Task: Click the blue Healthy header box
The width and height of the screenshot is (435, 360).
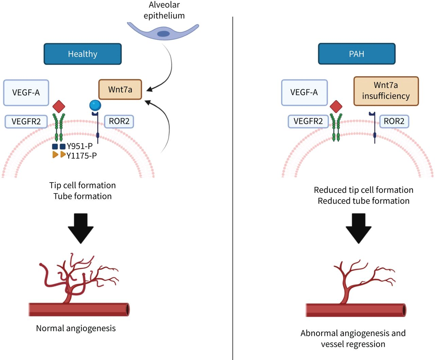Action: point(83,54)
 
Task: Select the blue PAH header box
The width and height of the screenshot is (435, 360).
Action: point(357,54)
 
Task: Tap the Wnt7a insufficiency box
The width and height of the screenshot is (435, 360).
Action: point(386,91)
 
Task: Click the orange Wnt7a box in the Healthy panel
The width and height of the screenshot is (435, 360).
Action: point(120,89)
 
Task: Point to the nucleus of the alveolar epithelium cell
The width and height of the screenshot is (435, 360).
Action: point(163,34)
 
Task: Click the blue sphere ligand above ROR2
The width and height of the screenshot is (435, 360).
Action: point(95,105)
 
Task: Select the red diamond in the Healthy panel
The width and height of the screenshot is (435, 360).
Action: point(59,106)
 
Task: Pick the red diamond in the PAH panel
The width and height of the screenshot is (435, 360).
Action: point(336,106)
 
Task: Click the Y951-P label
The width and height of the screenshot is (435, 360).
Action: point(80,146)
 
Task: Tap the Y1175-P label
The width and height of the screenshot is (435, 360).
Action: point(82,156)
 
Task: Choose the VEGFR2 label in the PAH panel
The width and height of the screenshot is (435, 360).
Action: point(308,121)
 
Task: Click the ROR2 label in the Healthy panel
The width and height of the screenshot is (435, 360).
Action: point(119,121)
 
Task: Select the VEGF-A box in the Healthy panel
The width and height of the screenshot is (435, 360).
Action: point(26,92)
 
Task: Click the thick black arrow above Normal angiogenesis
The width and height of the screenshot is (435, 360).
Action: point(81,228)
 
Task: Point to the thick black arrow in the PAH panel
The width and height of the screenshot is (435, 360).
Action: point(359,228)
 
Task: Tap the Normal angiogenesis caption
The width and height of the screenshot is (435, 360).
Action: point(76,328)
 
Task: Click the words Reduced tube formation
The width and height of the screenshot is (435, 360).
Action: point(364,201)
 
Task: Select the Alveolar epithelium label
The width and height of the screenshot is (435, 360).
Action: point(164,10)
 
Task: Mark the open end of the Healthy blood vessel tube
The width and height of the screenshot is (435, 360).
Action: point(127,310)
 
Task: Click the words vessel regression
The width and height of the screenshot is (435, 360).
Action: point(353,344)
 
